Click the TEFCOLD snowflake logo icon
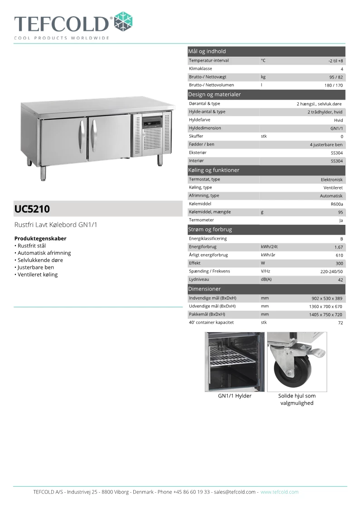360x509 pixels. (x=123, y=21)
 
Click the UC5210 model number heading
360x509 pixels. (x=32, y=209)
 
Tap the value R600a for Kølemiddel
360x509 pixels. (x=337, y=204)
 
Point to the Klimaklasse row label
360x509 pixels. (x=200, y=69)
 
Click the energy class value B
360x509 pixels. (x=341, y=239)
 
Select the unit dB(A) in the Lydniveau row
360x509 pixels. (x=266, y=280)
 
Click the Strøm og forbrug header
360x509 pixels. (x=210, y=229)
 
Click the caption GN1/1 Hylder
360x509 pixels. (x=234, y=396)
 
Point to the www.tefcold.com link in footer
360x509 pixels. (x=279, y=492)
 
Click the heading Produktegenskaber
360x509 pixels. (x=40, y=238)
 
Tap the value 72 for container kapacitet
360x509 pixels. (x=340, y=323)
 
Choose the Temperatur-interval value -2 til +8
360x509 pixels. (x=336, y=61)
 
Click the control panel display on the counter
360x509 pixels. (x=152, y=123)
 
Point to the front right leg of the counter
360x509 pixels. (x=161, y=160)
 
